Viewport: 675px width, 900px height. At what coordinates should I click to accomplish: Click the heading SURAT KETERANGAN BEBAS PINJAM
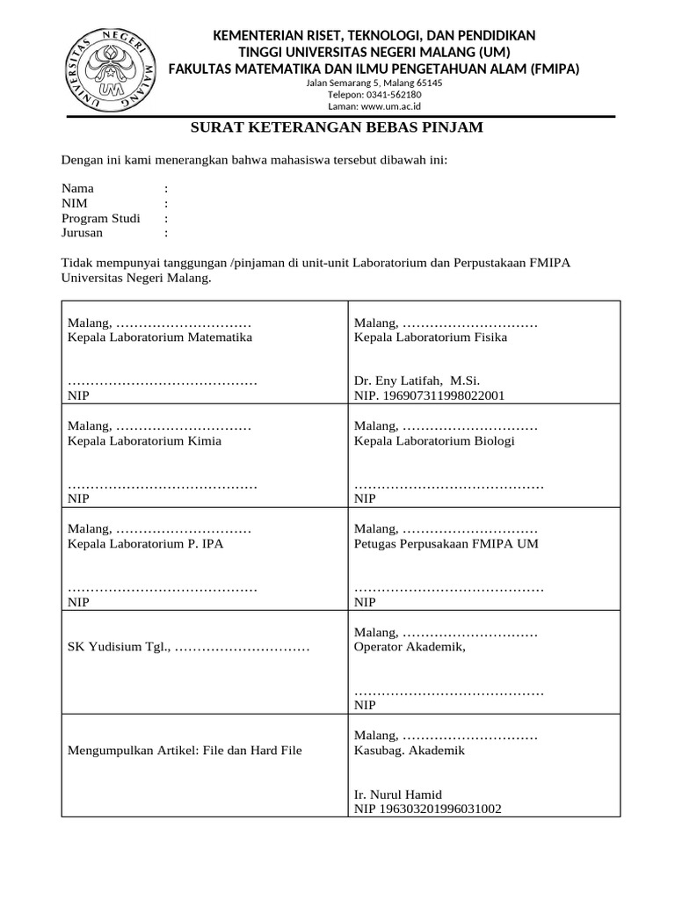coord(337,128)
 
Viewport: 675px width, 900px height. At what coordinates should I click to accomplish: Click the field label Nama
coord(77,188)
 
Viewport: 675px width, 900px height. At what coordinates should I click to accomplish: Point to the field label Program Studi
coord(100,218)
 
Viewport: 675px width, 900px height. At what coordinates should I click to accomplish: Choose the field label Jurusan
coord(82,233)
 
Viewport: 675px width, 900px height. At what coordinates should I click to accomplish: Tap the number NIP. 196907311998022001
coord(429,396)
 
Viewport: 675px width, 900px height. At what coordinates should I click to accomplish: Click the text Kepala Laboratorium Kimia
coord(144,440)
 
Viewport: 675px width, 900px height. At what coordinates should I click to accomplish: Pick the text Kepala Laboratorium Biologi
coord(434,440)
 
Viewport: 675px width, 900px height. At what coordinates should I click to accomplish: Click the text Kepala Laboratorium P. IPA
coord(146,543)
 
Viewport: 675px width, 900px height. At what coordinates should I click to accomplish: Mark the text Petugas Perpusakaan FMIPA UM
coord(446,543)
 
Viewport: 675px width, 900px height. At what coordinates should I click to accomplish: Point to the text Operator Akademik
coord(409,647)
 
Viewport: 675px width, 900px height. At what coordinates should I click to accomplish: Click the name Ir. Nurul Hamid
coord(398,794)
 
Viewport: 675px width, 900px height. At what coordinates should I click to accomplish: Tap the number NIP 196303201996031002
coord(427,808)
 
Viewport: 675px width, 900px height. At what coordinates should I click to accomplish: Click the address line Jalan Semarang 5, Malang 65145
coord(374,83)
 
